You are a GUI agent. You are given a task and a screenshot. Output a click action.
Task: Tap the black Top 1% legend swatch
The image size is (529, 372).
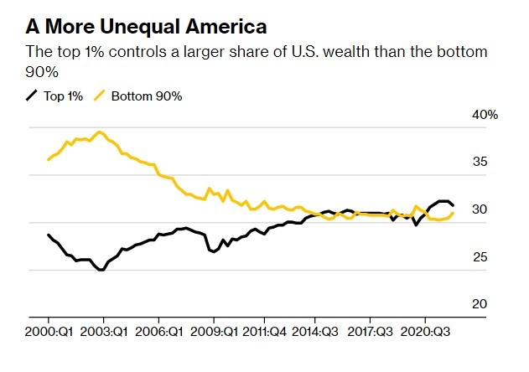click(x=32, y=96)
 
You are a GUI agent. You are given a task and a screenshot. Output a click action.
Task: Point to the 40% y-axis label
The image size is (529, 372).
click(x=485, y=115)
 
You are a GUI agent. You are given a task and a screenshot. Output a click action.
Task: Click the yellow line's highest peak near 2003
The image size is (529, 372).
click(x=100, y=132)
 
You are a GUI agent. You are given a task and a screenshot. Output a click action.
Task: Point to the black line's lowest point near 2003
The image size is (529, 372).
click(x=101, y=270)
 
